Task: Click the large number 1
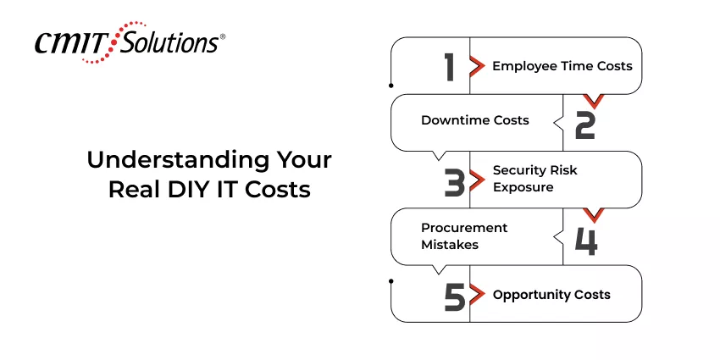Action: click(450, 67)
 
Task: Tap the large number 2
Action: click(585, 125)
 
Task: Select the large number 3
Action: click(455, 182)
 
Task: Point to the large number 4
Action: click(586, 241)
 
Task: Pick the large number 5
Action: click(455, 296)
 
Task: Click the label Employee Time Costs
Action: click(562, 66)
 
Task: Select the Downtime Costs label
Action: click(475, 120)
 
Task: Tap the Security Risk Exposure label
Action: click(535, 179)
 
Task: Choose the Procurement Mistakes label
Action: click(464, 236)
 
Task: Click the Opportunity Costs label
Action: click(551, 295)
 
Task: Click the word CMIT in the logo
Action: click(72, 43)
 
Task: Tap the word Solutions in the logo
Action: click(169, 42)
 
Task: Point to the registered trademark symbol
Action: click(223, 36)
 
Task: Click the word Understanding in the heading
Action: click(178, 160)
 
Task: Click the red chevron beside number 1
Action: click(478, 67)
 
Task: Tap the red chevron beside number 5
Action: click(478, 294)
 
